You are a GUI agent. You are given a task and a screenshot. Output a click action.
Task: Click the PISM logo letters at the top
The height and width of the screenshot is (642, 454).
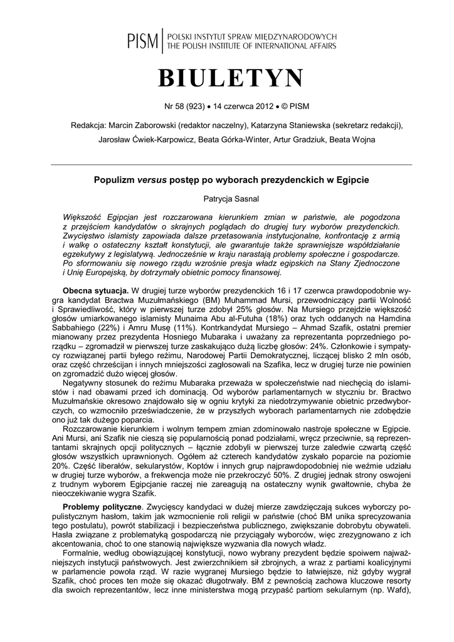tap(143, 41)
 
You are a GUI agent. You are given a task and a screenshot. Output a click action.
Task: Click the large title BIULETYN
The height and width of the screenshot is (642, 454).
tap(230, 79)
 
